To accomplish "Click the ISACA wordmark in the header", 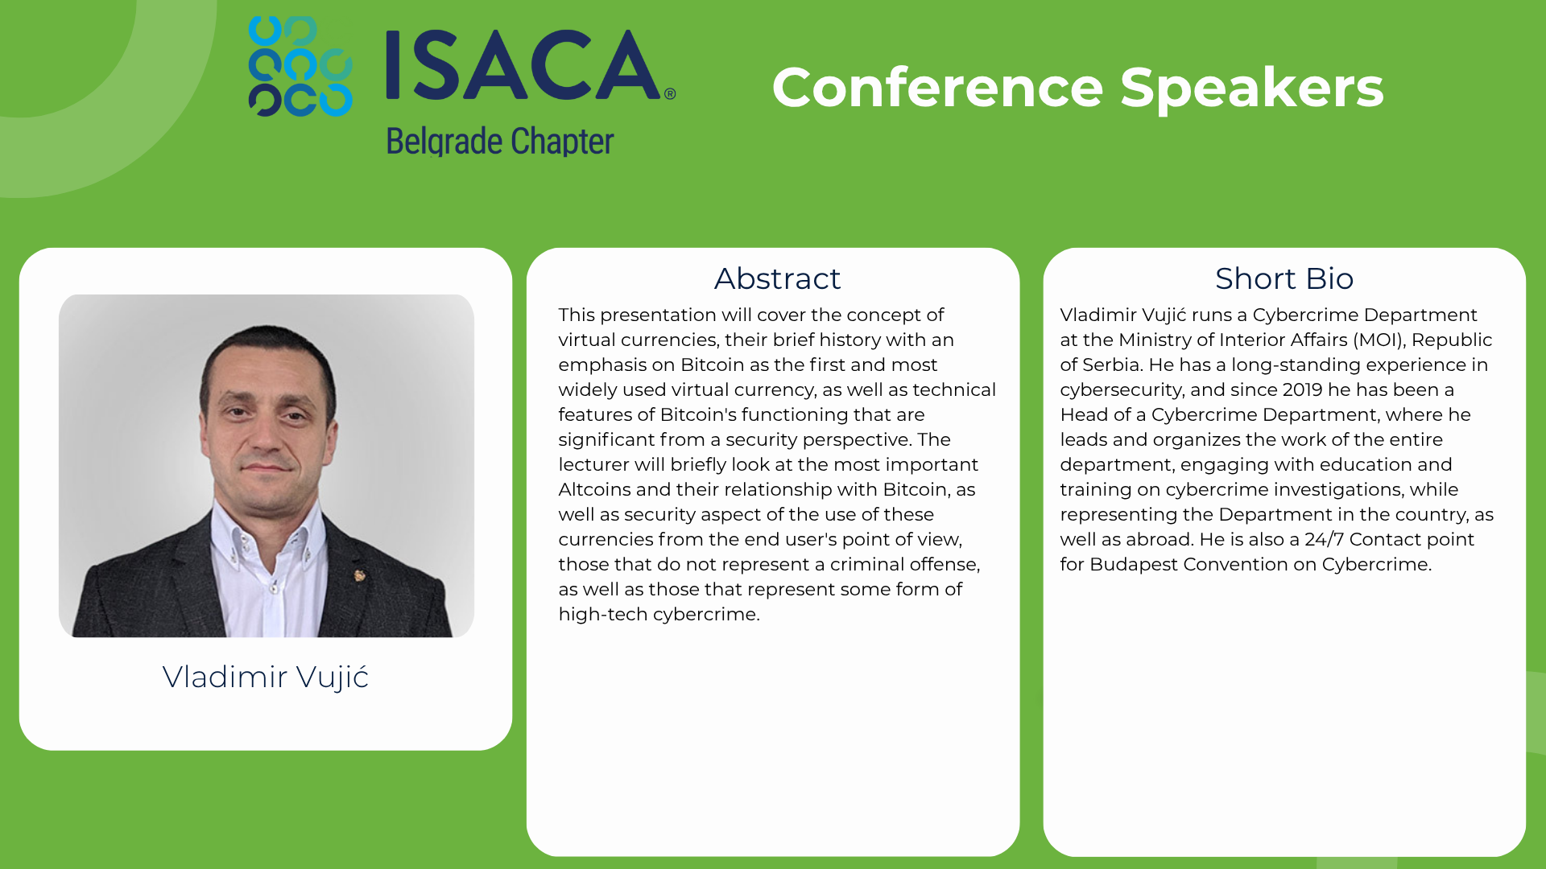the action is (523, 64).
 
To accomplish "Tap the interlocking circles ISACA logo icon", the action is (300, 66).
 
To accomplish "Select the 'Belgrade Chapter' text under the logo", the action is (500, 142).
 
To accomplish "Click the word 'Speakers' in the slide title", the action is (1251, 89).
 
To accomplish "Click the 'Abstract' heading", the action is (777, 278).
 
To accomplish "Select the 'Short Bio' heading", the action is (1284, 278).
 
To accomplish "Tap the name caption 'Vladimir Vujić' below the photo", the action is (266, 677).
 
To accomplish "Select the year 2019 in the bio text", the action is (1303, 389).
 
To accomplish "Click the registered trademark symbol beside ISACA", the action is (670, 94).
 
